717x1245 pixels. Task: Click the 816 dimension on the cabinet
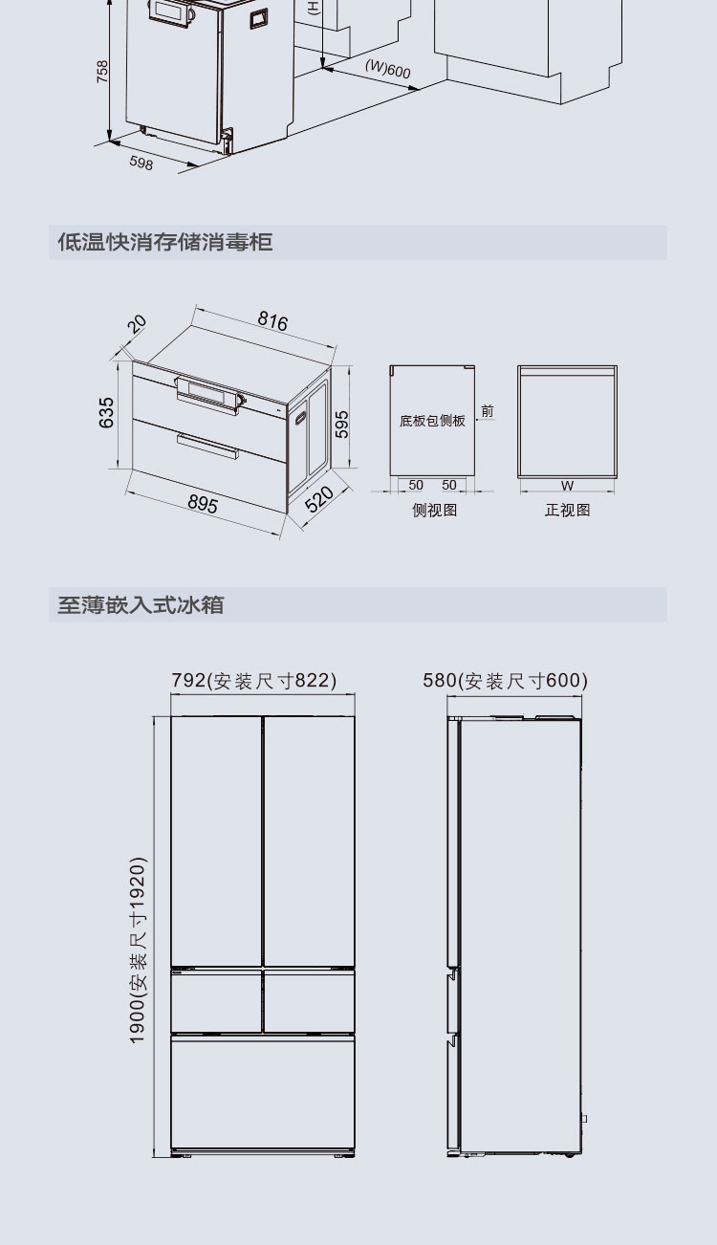tap(272, 321)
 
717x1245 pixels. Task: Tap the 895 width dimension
tap(203, 504)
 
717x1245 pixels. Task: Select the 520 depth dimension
tap(319, 499)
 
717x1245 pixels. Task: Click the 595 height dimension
tap(342, 424)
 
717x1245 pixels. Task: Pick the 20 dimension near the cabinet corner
tap(137, 323)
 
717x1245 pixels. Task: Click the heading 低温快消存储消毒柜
tap(165, 242)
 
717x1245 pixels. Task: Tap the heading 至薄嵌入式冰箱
tap(141, 604)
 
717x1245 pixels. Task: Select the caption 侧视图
tap(435, 510)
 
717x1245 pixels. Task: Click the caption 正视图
tap(568, 510)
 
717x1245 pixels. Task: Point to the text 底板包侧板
tap(432, 421)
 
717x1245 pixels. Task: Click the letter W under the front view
tap(567, 485)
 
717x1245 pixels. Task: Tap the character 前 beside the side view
tap(488, 411)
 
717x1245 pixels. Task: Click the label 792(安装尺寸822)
tap(254, 680)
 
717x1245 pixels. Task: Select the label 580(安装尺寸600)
tap(505, 680)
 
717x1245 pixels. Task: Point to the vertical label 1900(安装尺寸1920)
tap(138, 950)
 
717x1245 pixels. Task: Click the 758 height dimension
tap(102, 72)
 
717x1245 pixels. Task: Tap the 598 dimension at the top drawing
tap(141, 163)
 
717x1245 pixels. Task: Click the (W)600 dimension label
tap(388, 69)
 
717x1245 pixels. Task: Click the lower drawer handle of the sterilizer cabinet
tap(207, 447)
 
